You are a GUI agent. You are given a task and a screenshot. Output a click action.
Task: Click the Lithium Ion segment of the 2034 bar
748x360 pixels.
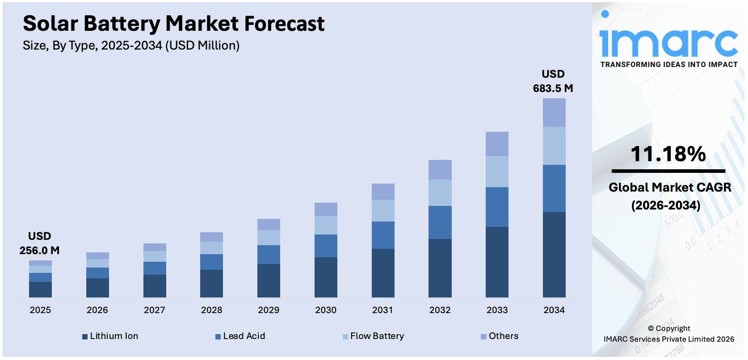554,255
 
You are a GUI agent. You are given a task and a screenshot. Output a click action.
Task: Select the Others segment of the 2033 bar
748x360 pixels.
497,144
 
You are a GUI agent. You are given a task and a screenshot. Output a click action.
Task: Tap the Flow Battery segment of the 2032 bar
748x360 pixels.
440,193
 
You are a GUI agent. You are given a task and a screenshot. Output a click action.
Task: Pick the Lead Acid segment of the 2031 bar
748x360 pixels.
383,235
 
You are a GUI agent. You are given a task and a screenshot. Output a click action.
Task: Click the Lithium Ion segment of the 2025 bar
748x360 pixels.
40,289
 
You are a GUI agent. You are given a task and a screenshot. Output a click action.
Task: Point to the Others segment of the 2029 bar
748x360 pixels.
269,224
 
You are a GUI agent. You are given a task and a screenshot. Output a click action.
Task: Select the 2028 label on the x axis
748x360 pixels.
211,310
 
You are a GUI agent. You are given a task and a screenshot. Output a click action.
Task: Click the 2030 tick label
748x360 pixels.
326,310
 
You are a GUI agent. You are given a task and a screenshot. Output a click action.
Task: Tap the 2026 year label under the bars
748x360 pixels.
97,310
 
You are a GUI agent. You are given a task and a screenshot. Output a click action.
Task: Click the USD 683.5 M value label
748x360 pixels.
553,81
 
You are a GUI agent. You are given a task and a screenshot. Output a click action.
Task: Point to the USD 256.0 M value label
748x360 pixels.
39,243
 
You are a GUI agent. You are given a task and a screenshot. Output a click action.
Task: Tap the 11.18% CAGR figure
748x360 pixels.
668,154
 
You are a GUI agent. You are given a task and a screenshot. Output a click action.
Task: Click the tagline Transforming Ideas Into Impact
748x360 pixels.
668,64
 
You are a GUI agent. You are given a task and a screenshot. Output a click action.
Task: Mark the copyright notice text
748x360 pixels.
668,334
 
